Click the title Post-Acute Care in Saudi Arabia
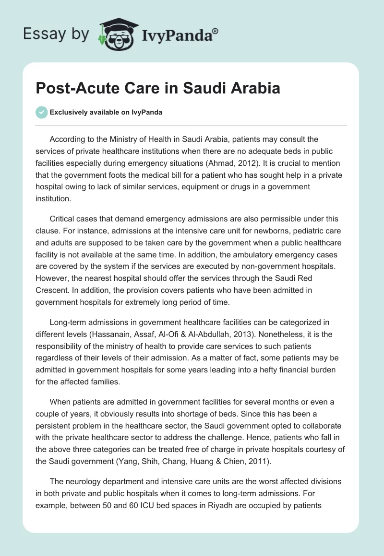158,89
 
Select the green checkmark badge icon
41,112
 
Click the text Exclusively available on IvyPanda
106,113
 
